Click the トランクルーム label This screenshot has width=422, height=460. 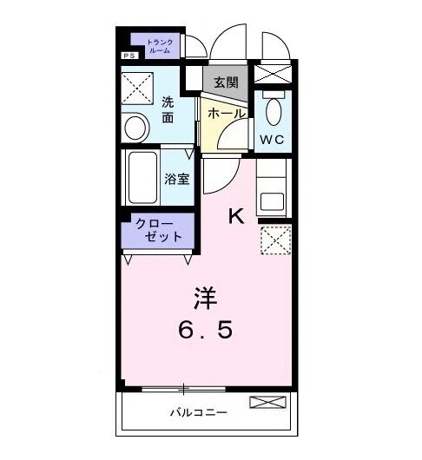[159, 46]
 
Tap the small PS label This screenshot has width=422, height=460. [129, 56]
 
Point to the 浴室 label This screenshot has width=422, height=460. [177, 181]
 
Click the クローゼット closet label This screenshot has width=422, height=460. [159, 230]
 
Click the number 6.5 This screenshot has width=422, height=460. [205, 330]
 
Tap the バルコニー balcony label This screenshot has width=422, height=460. [198, 412]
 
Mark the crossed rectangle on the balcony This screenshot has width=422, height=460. [266, 402]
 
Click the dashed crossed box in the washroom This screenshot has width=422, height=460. [136, 87]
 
